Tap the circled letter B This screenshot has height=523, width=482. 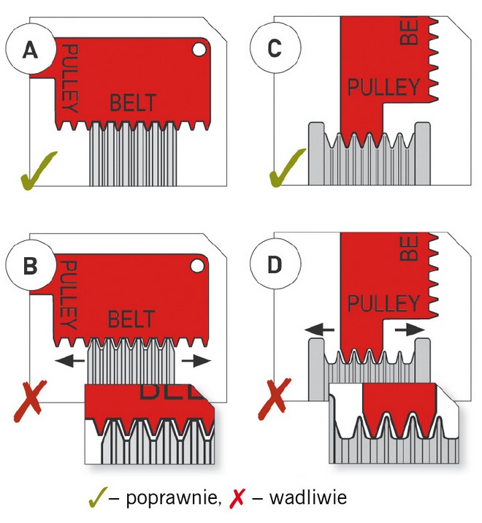(x=30, y=265)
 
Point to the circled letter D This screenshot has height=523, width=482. (x=275, y=264)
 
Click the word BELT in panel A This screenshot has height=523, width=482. (x=133, y=103)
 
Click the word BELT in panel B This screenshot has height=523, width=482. (x=131, y=318)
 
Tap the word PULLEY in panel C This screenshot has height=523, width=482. (x=383, y=88)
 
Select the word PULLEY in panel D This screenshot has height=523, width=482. (x=383, y=302)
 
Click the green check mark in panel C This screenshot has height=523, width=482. (x=285, y=168)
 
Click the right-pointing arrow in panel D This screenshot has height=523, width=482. (x=411, y=330)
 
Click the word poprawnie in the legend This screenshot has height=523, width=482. (x=172, y=499)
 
